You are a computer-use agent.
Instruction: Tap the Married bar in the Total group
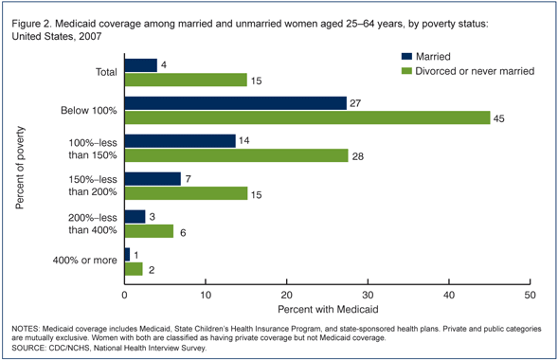(x=140, y=65)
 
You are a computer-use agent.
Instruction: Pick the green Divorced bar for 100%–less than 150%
(x=236, y=155)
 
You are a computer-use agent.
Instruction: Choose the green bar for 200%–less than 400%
(x=148, y=231)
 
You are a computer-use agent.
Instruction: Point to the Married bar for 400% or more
(x=128, y=255)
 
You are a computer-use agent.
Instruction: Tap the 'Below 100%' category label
(x=90, y=111)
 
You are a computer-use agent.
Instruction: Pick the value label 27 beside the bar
(x=356, y=103)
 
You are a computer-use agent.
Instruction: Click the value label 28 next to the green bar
(x=358, y=155)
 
